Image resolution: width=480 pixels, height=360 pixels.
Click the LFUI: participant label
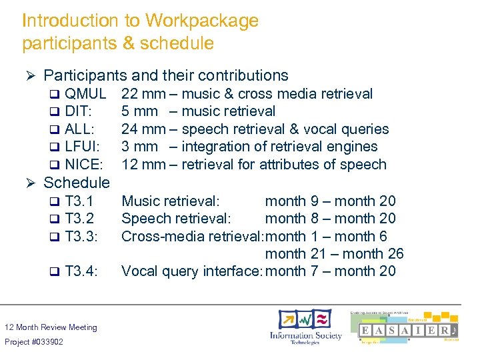[x=83, y=147]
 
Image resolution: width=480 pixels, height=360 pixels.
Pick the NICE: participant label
[x=84, y=165]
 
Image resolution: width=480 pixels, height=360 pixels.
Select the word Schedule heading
[x=76, y=183]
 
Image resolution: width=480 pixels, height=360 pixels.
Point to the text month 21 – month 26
[x=334, y=254]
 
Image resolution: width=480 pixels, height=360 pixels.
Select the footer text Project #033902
[x=34, y=342]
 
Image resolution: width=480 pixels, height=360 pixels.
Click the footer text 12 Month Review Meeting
[x=51, y=327]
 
